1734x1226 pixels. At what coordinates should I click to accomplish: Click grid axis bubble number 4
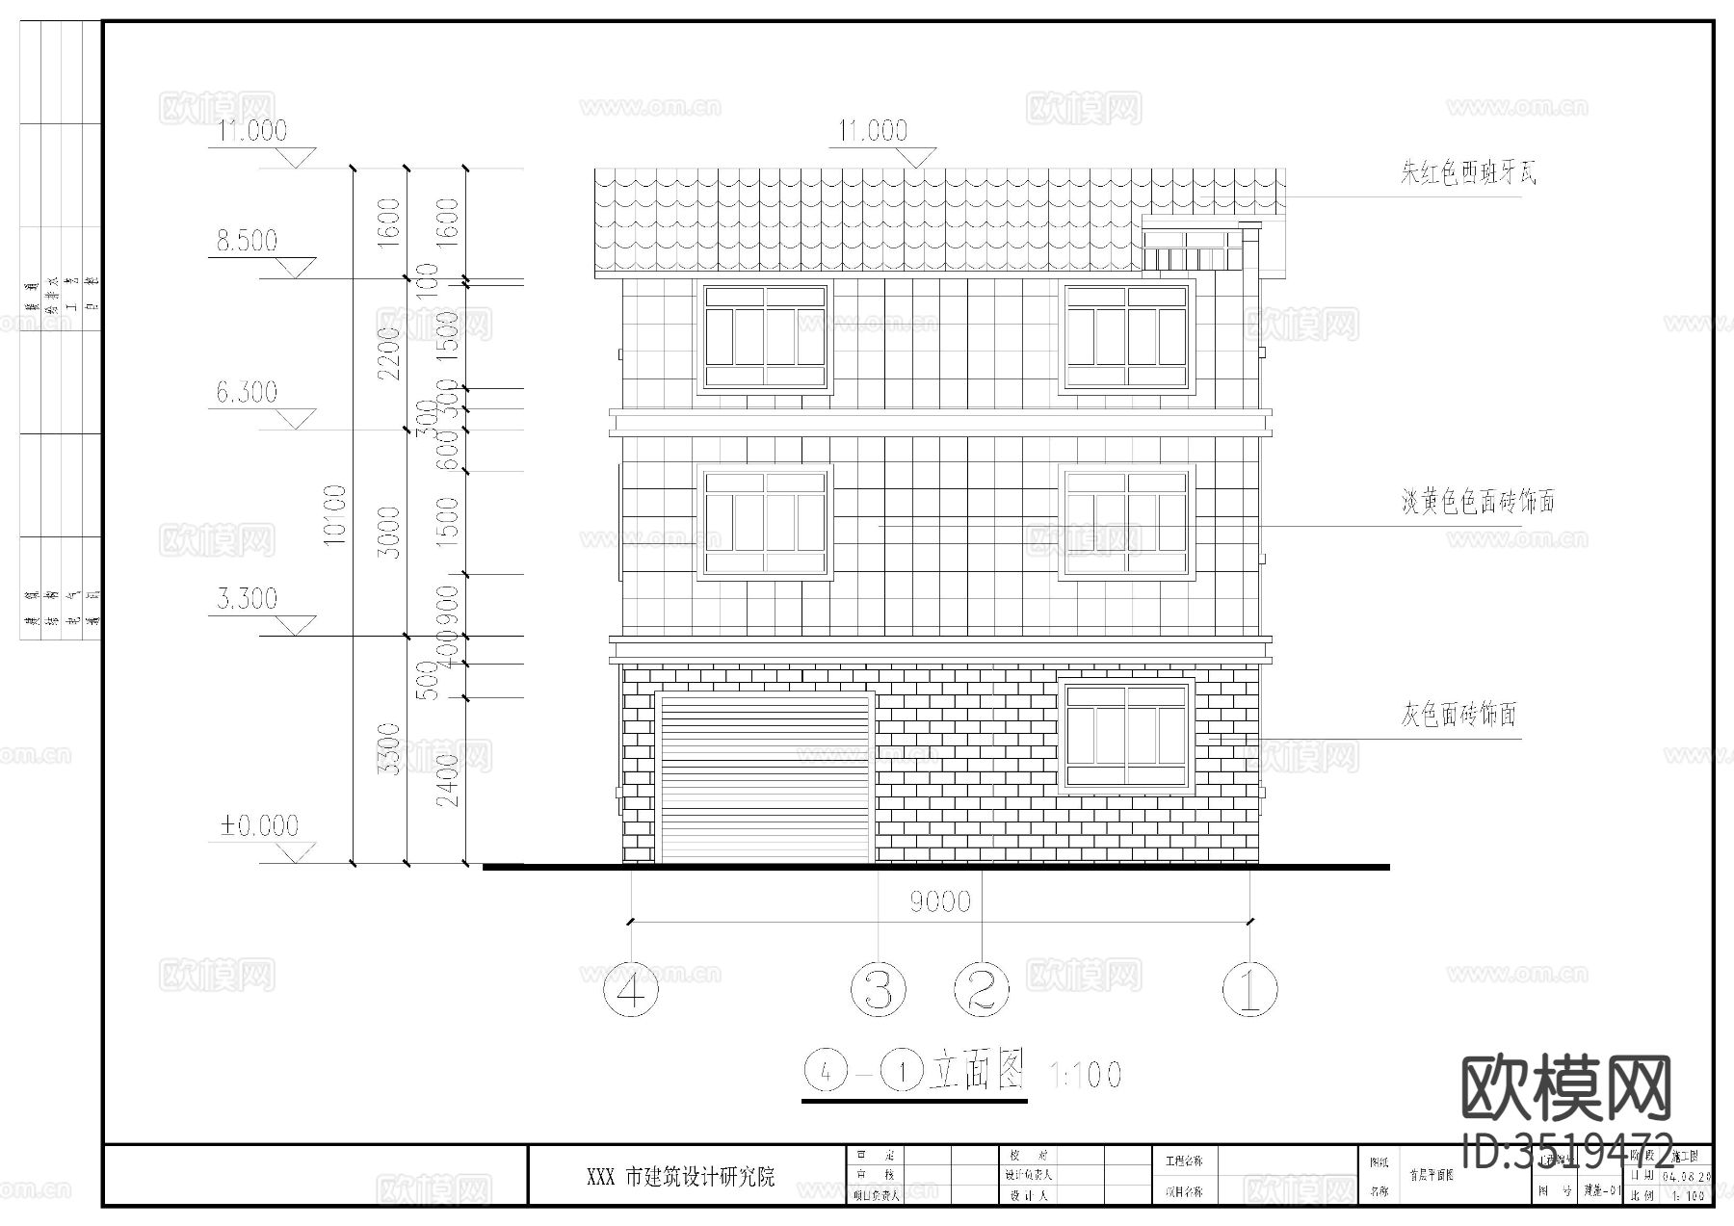631,989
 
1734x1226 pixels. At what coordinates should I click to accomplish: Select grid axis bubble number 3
878,989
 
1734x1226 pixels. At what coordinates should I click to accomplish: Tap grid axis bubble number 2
981,989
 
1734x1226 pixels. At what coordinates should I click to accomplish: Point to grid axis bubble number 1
1249,989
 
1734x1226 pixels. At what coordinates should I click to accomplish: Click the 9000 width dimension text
940,902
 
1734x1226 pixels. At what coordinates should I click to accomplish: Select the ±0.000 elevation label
260,825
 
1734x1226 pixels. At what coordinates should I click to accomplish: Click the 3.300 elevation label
247,599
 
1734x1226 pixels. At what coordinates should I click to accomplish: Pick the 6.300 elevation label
247,392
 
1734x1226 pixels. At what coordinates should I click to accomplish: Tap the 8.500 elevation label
247,241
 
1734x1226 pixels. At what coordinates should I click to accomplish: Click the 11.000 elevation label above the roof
873,131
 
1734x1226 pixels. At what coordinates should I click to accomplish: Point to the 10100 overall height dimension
334,515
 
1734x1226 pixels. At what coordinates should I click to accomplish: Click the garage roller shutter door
766,778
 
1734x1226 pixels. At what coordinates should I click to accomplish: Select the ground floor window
1126,735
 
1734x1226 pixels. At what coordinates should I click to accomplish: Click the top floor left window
766,337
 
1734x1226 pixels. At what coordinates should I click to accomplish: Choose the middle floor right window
1126,523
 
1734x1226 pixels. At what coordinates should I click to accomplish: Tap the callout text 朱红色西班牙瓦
1468,173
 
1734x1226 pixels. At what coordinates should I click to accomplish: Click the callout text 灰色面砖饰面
1458,716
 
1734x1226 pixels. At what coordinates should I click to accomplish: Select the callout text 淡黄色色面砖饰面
1478,502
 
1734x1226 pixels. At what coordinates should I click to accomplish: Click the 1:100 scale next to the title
1085,1074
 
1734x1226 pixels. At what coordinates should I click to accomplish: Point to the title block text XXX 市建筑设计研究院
681,1177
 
